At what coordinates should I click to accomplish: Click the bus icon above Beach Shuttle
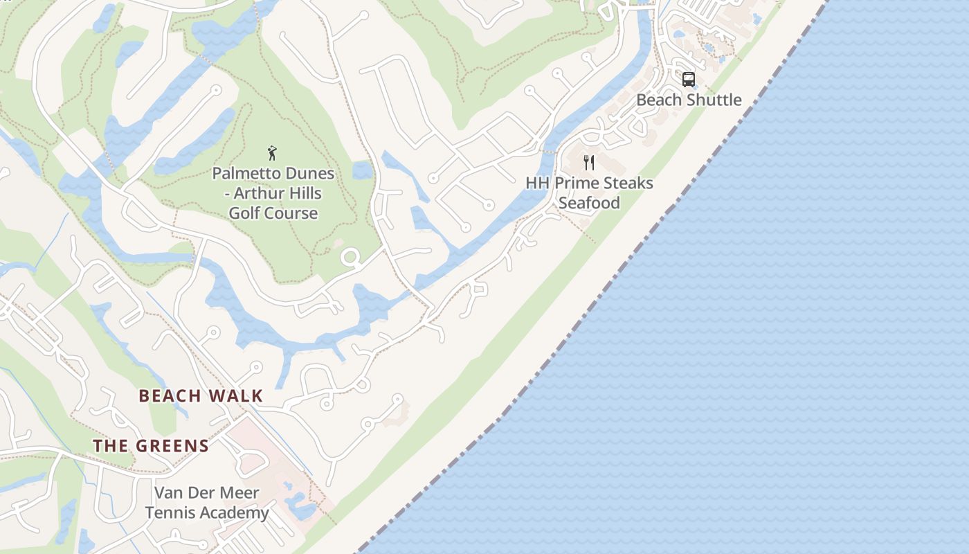point(688,80)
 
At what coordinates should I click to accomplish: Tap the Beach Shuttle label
point(689,100)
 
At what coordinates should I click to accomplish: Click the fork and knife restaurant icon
point(589,163)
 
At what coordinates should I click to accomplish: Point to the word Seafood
point(589,203)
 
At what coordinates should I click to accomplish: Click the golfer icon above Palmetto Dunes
point(272,153)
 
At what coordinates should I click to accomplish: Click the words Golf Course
point(273,213)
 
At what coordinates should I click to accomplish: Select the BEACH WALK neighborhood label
point(201,396)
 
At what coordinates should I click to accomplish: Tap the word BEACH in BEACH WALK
point(170,396)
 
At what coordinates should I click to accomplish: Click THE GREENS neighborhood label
point(151,446)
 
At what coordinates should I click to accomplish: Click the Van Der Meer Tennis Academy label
point(207,503)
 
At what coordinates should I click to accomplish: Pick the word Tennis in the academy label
point(166,513)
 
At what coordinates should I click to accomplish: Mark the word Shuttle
point(714,100)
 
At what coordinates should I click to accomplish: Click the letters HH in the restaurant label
point(537,184)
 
